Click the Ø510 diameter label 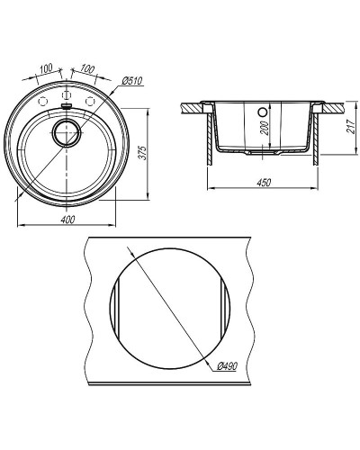tap(132, 81)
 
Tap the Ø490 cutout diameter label tap(227, 366)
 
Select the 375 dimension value tap(143, 153)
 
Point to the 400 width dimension tap(67, 220)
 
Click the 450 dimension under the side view tap(264, 182)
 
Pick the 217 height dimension tap(351, 126)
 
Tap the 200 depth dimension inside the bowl tap(265, 128)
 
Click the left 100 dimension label tap(46, 68)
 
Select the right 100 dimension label tap(87, 68)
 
